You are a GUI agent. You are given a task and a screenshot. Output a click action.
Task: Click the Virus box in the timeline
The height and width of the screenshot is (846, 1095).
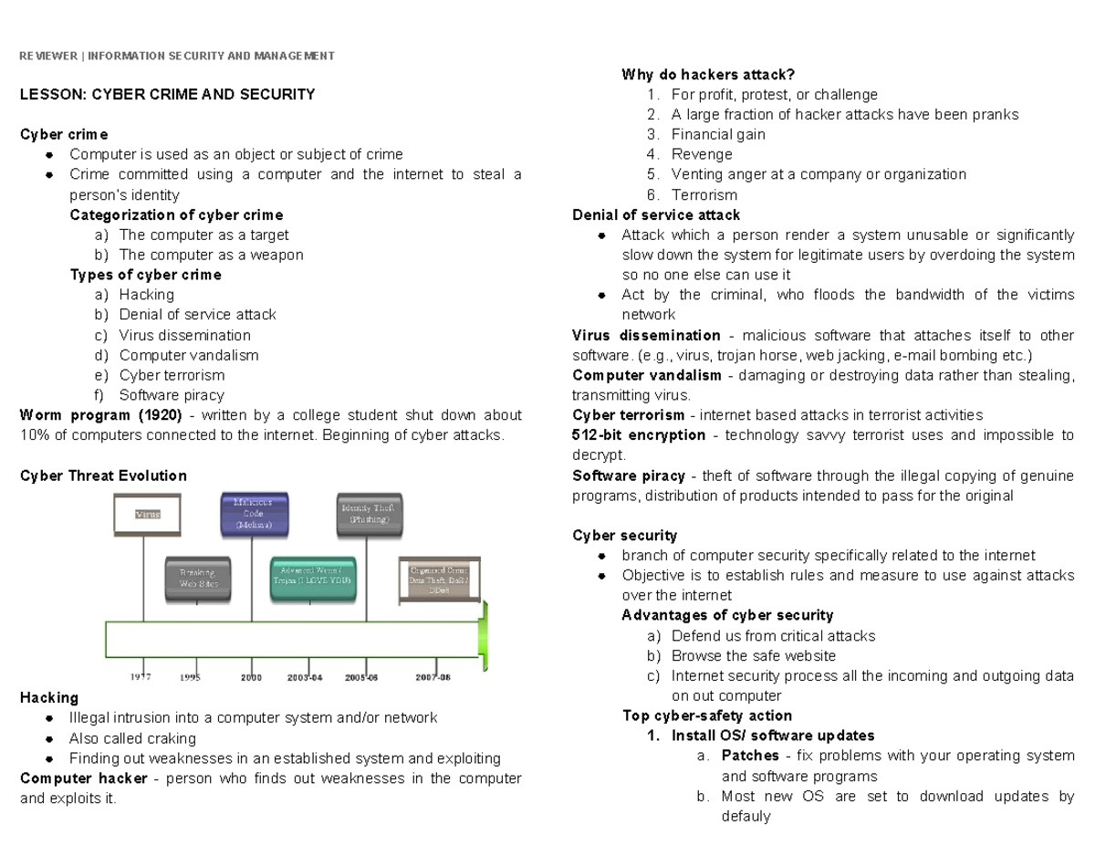[147, 514]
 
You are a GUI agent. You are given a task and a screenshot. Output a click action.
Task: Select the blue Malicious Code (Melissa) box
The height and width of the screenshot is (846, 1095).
[258, 514]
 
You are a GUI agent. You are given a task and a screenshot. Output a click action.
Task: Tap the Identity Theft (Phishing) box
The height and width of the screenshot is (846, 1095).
[367, 514]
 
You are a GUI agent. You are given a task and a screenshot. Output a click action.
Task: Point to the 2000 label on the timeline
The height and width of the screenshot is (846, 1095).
[251, 677]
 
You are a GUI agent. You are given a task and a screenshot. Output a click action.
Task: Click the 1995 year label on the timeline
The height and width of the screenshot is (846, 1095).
[190, 677]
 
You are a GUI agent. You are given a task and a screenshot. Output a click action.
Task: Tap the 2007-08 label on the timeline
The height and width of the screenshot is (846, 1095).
[433, 677]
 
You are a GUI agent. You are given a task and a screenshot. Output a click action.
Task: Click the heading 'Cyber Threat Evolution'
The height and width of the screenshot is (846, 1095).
[103, 475]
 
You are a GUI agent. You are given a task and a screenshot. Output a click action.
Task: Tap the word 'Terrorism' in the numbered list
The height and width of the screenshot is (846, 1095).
[704, 194]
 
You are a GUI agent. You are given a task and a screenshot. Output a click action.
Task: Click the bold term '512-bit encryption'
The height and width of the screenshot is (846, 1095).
[639, 435]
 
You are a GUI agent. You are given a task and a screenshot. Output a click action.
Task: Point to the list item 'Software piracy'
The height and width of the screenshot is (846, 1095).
[171, 395]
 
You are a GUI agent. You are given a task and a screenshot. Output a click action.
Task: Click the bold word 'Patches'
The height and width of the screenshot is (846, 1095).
[750, 756]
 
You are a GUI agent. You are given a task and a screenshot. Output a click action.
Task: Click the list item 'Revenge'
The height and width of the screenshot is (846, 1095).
[702, 154]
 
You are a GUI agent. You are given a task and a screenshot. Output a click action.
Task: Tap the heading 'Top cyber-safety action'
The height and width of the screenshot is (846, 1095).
[706, 715]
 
